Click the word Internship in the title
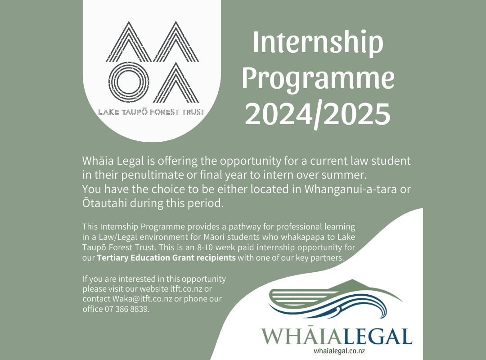[x=318, y=43]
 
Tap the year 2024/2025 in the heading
[x=318, y=114]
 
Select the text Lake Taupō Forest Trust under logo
[x=152, y=112]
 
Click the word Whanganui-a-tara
[x=350, y=189]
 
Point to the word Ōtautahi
[x=105, y=203]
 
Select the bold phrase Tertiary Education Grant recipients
[x=166, y=258]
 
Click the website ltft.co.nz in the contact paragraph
[x=186, y=289]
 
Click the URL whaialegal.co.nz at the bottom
[x=339, y=351]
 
